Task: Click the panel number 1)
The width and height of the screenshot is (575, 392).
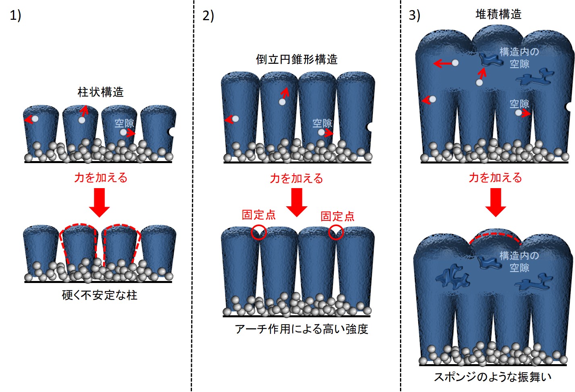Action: (x=15, y=15)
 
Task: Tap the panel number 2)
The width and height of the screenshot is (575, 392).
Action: (x=208, y=16)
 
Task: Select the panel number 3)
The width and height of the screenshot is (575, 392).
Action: (x=415, y=15)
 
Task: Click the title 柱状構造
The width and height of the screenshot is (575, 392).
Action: (x=100, y=92)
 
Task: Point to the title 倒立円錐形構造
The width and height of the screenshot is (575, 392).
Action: (x=297, y=59)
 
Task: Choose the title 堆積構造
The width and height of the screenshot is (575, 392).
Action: (x=498, y=14)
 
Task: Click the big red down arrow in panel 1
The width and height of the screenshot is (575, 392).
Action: (x=99, y=203)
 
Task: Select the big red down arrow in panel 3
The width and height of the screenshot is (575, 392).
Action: (x=496, y=203)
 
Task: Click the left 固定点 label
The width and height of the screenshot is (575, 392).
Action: (x=258, y=215)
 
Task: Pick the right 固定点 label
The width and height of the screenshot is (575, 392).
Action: (x=337, y=216)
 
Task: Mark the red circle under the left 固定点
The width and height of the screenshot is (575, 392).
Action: (x=259, y=232)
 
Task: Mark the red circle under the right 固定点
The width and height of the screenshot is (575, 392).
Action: (x=336, y=232)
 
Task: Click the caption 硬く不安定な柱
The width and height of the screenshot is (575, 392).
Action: (x=100, y=295)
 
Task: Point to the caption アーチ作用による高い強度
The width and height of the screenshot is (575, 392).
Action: (x=301, y=329)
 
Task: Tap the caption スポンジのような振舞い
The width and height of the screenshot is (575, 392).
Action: (x=493, y=377)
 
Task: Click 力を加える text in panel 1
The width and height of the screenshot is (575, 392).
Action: (x=101, y=178)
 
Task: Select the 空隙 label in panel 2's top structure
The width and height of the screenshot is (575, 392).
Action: (x=322, y=123)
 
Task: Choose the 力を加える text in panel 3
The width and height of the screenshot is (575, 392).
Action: (x=496, y=178)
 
